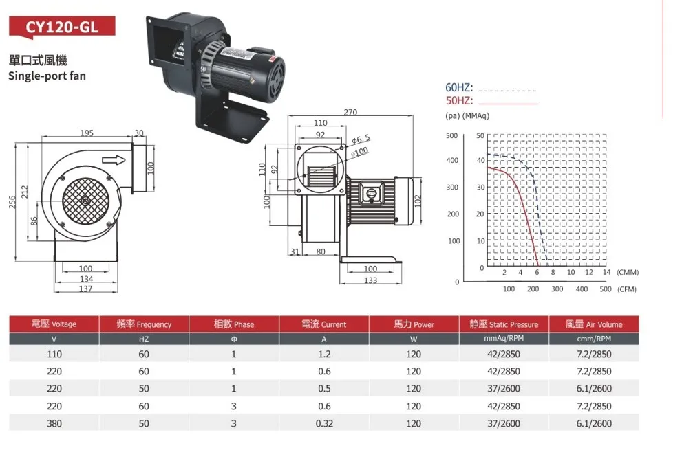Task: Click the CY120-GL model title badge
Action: [x=62, y=27]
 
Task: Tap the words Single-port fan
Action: [x=47, y=76]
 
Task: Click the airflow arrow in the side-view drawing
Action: [x=114, y=160]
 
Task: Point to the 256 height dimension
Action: [x=12, y=202]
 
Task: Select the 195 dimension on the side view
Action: [x=87, y=133]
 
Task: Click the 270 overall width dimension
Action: [x=350, y=112]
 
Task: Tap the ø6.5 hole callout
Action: [x=361, y=139]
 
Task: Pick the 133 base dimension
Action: [x=370, y=280]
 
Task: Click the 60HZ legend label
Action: [x=459, y=87]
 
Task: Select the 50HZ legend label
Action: [x=459, y=101]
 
